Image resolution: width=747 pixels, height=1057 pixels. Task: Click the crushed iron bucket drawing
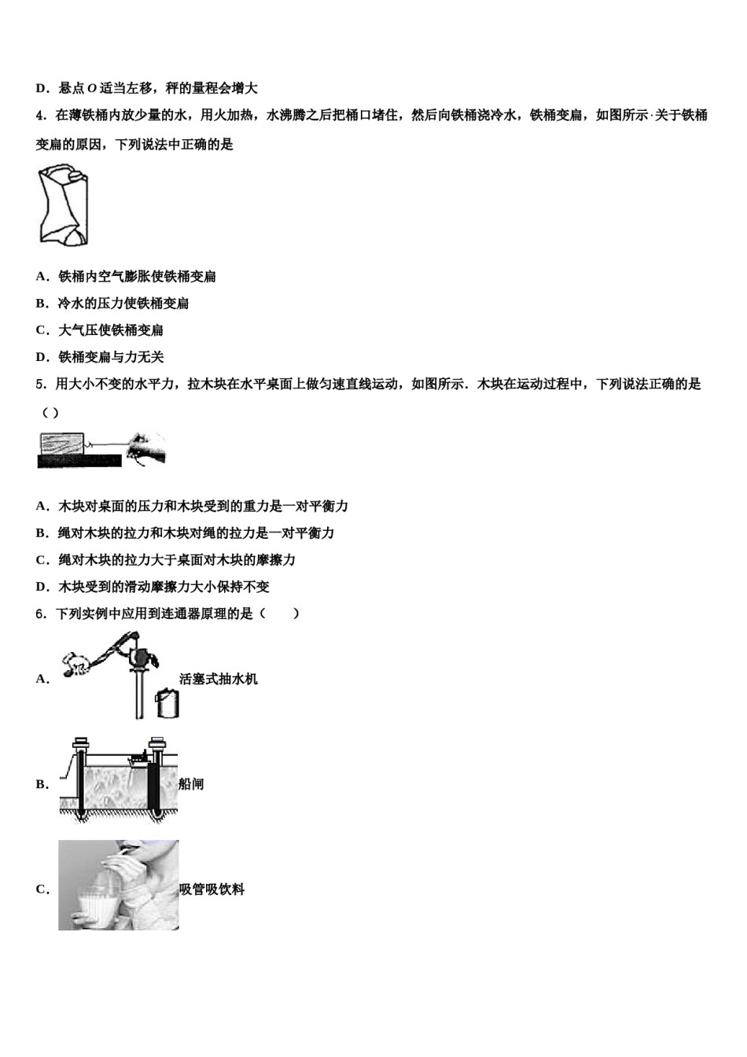pyautogui.click(x=62, y=204)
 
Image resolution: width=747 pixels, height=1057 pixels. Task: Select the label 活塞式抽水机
pyautogui.click(x=218, y=679)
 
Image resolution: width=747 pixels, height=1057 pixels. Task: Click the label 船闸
pyautogui.click(x=191, y=784)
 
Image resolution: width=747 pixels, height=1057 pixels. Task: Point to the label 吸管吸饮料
pyautogui.click(x=212, y=889)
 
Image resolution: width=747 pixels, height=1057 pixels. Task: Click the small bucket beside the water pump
pyautogui.click(x=166, y=702)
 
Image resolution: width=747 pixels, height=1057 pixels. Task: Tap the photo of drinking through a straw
pyautogui.click(x=118, y=885)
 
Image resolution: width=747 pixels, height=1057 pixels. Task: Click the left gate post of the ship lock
pyautogui.click(x=79, y=779)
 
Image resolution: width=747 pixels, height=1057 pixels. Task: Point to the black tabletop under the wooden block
pyautogui.click(x=79, y=461)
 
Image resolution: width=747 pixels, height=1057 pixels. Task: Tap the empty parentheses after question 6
pyautogui.click(x=279, y=614)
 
